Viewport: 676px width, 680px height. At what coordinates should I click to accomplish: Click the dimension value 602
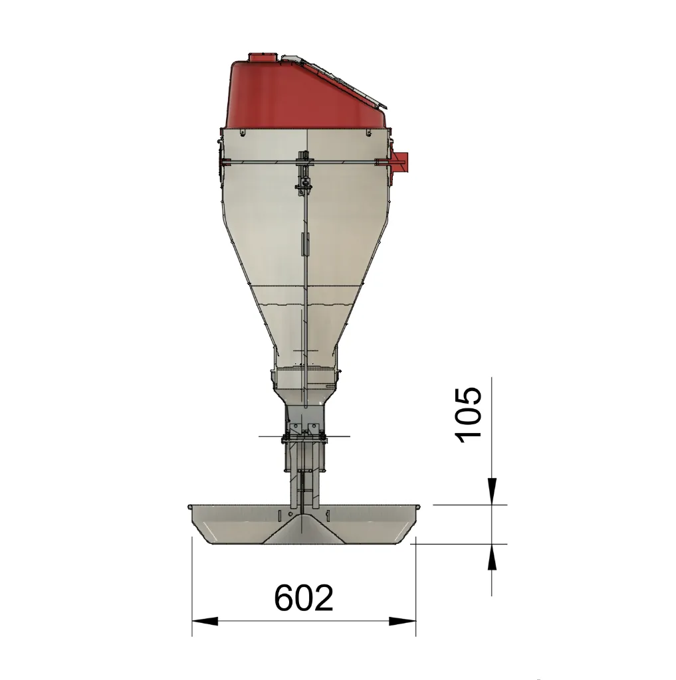pos(304,598)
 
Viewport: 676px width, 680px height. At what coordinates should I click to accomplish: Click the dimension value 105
pos(469,412)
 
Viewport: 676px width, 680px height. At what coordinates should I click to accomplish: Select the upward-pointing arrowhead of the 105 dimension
pos(492,557)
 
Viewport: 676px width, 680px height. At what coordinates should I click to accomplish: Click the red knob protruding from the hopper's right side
pos(401,161)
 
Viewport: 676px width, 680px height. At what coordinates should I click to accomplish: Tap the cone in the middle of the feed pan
pos(304,531)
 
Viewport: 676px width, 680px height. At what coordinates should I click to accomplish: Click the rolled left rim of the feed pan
pos(190,507)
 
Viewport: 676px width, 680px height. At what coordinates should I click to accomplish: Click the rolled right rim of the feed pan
pos(418,507)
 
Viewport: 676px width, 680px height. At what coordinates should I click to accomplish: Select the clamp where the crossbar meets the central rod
pos(304,161)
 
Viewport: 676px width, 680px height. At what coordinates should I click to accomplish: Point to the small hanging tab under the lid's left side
pos(243,133)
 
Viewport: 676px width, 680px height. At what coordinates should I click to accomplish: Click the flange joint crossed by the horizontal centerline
pos(304,436)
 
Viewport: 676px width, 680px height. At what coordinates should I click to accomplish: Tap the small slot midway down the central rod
pos(304,244)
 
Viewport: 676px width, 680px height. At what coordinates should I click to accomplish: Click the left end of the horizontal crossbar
pos(224,161)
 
